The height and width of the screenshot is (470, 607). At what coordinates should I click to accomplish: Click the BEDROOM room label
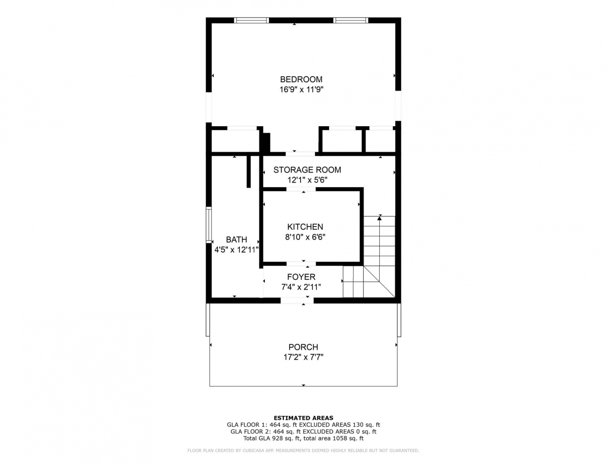[301, 80]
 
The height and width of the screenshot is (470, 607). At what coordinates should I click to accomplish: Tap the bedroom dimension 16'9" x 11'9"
[301, 90]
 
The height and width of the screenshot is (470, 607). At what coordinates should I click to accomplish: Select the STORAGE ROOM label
[307, 170]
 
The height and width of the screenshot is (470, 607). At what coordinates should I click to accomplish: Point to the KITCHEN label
[305, 227]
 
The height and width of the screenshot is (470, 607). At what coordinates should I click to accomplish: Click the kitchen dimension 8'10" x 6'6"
[305, 237]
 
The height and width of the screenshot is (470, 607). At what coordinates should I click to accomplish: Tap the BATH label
[236, 240]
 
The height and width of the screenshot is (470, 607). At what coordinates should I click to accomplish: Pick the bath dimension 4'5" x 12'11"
[236, 250]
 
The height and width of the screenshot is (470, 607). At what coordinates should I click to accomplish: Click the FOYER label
[301, 277]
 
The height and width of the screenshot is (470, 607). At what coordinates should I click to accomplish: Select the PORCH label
[303, 347]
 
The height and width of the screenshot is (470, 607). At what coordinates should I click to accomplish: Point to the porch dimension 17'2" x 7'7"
[303, 357]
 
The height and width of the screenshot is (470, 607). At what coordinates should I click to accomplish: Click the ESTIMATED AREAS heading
[303, 418]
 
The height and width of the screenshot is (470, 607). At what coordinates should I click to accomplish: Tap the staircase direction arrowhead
[379, 218]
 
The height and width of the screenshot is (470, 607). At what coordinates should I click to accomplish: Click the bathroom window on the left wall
[209, 225]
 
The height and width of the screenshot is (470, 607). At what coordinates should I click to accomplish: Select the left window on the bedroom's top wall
[251, 20]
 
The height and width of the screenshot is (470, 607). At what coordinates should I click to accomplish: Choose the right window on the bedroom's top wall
[351, 20]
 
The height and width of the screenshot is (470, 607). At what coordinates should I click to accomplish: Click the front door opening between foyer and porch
[297, 301]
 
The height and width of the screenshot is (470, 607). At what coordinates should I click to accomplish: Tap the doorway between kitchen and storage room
[301, 189]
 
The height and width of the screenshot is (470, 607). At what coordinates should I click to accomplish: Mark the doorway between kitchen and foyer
[301, 264]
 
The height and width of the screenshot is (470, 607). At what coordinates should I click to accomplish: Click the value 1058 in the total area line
[339, 438]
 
